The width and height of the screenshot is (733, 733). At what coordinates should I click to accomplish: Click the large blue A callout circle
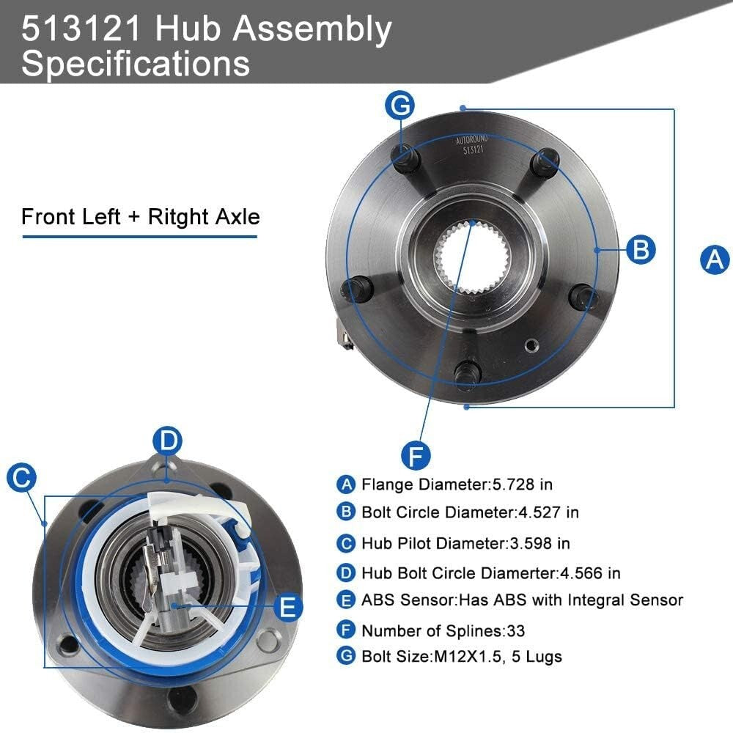click(715, 259)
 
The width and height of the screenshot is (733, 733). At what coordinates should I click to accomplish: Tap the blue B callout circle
click(641, 250)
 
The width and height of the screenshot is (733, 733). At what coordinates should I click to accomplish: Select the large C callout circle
click(21, 478)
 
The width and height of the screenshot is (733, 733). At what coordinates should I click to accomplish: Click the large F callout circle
click(416, 455)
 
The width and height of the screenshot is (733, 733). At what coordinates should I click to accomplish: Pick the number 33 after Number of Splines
click(515, 630)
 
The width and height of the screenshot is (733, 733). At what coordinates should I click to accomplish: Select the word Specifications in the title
click(136, 63)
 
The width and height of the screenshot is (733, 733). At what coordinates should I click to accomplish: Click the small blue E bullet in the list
click(346, 600)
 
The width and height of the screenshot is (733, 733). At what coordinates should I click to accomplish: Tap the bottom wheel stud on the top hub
click(466, 373)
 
